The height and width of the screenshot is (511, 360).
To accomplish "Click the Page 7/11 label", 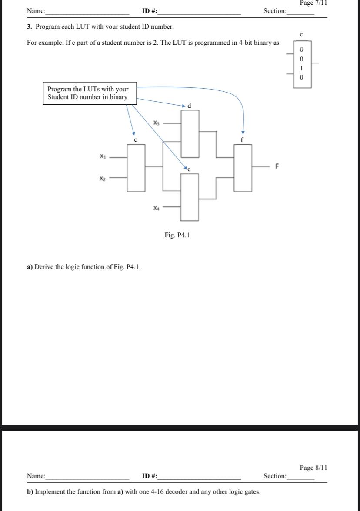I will pos(313,3).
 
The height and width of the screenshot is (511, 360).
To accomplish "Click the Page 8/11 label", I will pos(313,468).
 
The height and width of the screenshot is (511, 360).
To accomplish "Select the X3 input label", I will pos(157,123).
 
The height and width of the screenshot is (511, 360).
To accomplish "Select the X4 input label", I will pos(157,209).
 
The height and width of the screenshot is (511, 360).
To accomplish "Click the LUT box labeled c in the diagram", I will pos(136,167).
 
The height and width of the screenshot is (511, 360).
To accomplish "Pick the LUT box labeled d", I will pos(190,133).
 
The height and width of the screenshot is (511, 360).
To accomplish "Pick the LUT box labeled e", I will pos(190,197).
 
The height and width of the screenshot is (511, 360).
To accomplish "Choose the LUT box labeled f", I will pos(243,167).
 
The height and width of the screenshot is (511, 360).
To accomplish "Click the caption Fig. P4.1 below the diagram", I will pos(177,235).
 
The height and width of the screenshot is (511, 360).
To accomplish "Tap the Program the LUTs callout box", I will pos(89,93).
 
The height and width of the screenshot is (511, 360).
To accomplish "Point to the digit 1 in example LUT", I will pos(302,68).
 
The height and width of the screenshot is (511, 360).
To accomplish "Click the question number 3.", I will pos(29,27).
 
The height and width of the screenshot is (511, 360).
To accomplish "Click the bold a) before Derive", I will pos(30,266).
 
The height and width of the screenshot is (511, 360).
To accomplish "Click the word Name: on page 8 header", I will pos(36,476).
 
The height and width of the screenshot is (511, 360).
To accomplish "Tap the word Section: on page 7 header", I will pos(275,11).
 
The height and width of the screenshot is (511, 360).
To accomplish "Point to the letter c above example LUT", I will pos(301,34).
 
